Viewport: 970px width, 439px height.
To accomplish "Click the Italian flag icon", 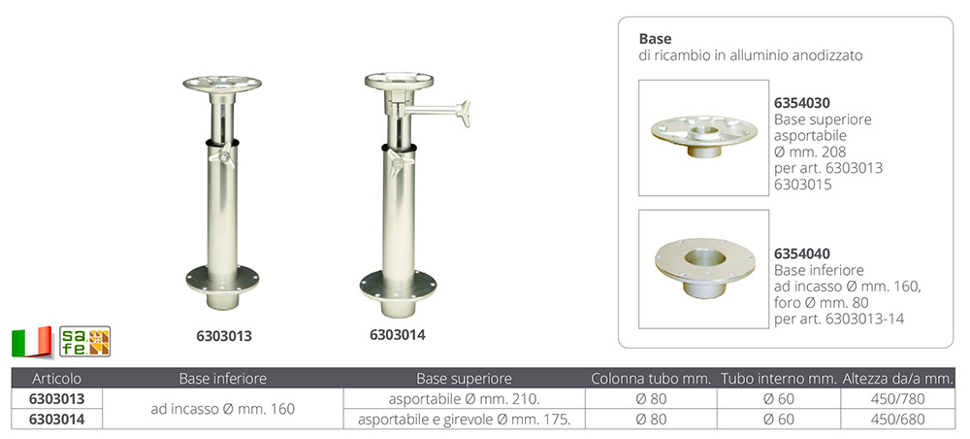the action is point(31,341).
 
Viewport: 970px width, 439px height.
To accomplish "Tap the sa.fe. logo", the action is point(84,341).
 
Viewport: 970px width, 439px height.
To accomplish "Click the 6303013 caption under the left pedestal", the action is point(224,336).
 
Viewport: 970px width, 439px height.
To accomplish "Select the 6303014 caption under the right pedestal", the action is point(398,335).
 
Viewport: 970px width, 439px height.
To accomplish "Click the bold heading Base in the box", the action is point(655,39).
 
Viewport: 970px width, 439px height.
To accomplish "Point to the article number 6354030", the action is point(802,103).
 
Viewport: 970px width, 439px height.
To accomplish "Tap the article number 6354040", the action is point(802,253).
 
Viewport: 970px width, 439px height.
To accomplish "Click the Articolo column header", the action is point(56,379).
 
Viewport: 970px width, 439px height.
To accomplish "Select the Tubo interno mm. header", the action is point(778,379).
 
